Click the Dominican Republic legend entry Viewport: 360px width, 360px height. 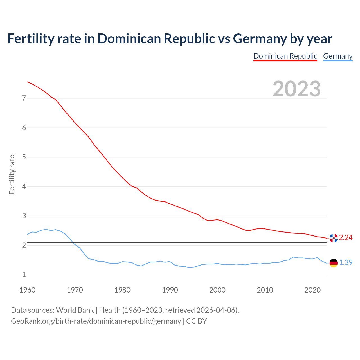coord(285,56)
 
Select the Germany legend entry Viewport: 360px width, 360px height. coord(337,56)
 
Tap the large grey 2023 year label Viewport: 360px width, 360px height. coord(297,89)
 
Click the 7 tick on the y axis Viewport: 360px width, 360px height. coord(24,98)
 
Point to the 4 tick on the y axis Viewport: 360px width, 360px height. coord(24,186)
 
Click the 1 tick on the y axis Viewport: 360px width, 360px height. coord(24,275)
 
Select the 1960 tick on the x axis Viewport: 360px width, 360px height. coord(27,290)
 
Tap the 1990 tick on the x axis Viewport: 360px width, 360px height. coord(170,290)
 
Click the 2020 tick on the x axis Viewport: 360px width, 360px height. coord(312,290)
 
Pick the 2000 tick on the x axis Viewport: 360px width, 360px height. coord(217,290)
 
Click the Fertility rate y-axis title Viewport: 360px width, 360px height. coord(12,174)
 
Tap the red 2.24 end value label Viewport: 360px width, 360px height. coord(346,238)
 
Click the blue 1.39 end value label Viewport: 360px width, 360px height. coord(346,262)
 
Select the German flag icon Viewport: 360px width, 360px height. coord(334,263)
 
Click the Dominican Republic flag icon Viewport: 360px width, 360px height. coord(334,238)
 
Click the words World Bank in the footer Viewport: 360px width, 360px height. coord(75,310)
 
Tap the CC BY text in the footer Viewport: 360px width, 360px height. coord(197,321)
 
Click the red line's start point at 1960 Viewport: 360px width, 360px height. coord(27,82)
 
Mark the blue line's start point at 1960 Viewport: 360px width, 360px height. coord(27,234)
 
